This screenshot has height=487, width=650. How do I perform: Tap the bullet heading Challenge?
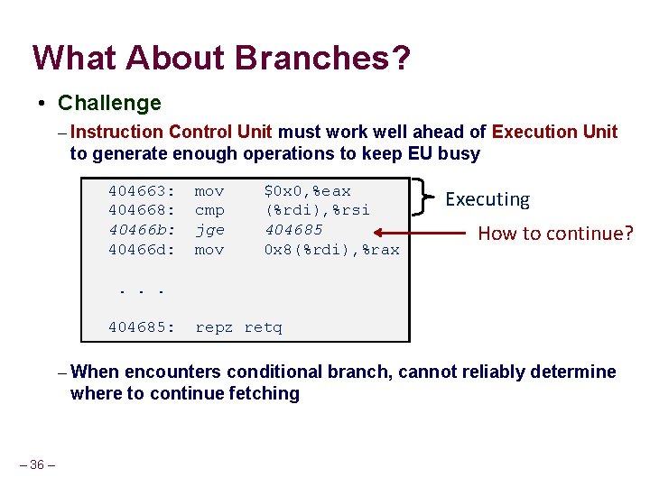click(x=109, y=103)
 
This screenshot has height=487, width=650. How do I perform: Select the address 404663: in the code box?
click(x=142, y=191)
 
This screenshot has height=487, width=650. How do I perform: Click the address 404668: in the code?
click(x=142, y=210)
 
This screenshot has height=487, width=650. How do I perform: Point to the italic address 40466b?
click(x=142, y=230)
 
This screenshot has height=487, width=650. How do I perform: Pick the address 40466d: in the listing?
click(x=142, y=249)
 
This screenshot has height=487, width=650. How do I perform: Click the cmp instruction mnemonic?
click(x=209, y=210)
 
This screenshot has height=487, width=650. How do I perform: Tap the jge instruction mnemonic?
click(x=209, y=230)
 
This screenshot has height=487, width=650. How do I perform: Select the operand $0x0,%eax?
click(x=307, y=191)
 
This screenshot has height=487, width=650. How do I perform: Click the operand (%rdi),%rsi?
click(x=317, y=210)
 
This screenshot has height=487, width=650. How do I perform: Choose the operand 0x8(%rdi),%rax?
click(x=331, y=249)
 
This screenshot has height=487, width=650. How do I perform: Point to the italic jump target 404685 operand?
click(x=293, y=230)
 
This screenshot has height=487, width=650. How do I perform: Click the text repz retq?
click(x=238, y=327)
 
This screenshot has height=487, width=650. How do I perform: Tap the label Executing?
click(x=487, y=199)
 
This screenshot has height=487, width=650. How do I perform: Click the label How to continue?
click(x=556, y=234)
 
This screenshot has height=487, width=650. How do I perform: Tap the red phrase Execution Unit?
click(x=554, y=132)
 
